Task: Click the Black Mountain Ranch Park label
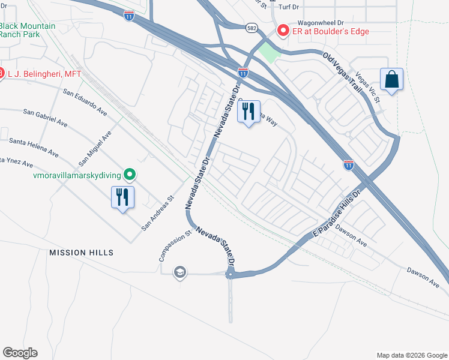point(28,30)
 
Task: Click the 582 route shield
point(252,28)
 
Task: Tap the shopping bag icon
point(391,79)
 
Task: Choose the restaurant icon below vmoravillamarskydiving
point(122,197)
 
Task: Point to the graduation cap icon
point(179,272)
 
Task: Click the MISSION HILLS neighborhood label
point(82,253)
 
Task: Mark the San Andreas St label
point(157,213)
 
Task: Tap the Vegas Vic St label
point(368,88)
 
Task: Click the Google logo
point(20,353)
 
